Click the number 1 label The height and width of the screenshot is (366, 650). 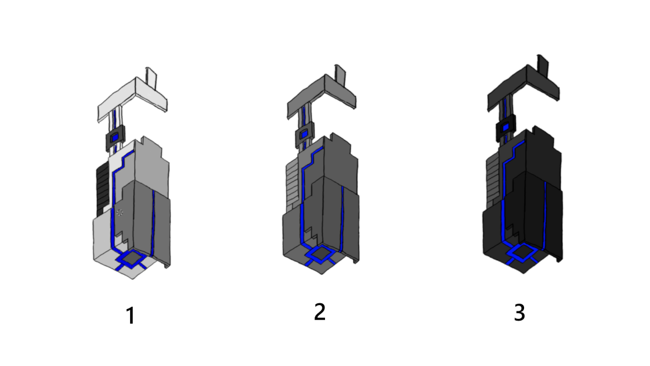click(131, 315)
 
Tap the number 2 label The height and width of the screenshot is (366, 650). click(320, 311)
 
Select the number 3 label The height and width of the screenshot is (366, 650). click(519, 313)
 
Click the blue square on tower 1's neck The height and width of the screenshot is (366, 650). click(115, 137)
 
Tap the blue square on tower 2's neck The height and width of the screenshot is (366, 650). click(304, 134)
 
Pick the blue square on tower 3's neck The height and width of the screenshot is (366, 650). click(505, 127)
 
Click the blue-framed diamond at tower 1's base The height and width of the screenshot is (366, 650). click(131, 258)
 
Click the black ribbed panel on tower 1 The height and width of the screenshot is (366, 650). click(103, 189)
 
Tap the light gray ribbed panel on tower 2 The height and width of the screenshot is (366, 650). click(292, 186)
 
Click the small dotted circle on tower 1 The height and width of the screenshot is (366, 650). click(120, 213)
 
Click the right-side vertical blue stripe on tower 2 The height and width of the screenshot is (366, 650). click(342, 218)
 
